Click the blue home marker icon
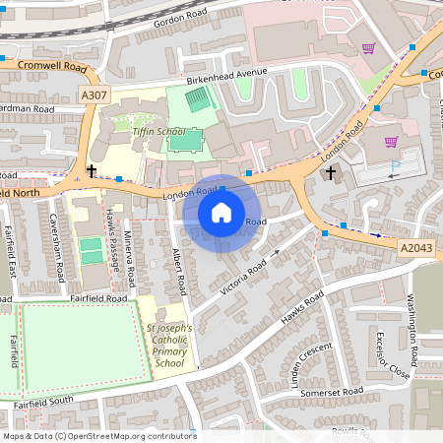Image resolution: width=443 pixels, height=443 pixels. tap(221, 213)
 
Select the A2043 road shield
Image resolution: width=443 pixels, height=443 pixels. tap(414, 245)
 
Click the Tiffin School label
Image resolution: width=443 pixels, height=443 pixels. tap(158, 131)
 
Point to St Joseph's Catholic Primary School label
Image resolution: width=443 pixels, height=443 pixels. tap(169, 346)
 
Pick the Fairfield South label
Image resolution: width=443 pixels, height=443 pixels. tap(44, 402)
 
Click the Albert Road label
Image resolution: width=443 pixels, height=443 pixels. tap(178, 272)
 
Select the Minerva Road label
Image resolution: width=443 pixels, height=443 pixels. tap(142, 246)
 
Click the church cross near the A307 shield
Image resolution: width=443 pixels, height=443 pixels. tap(92, 171)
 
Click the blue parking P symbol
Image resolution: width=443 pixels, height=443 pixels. tap(396, 167)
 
